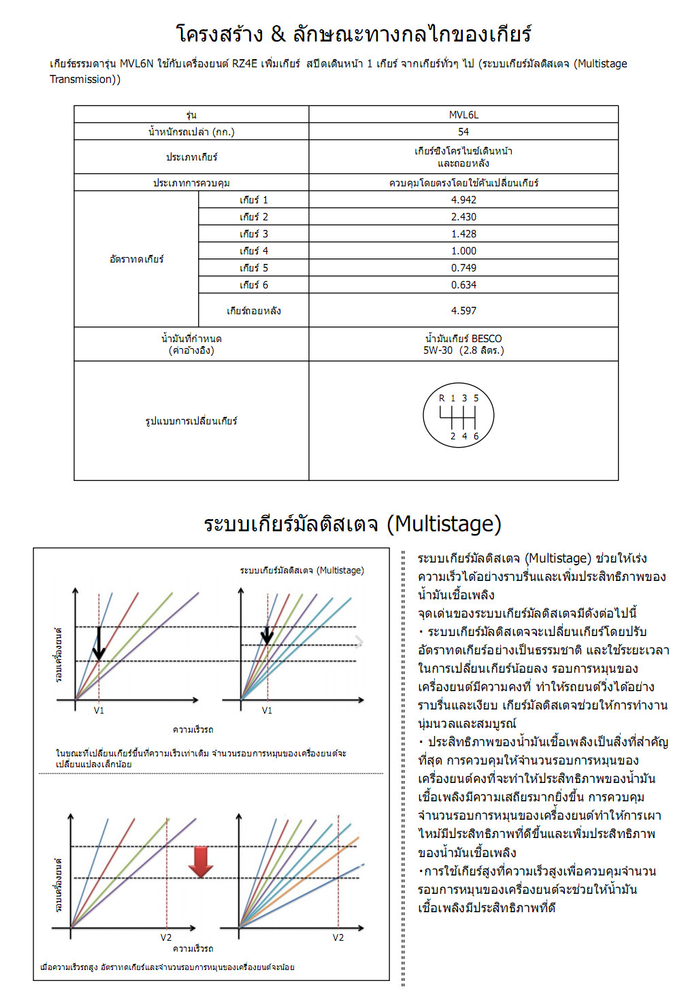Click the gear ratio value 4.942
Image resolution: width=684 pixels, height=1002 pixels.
coord(463,200)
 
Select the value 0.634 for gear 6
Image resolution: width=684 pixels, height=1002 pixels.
coord(463,285)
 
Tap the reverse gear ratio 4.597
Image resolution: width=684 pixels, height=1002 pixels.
coord(463,311)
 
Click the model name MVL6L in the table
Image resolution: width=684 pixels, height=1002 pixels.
coord(463,115)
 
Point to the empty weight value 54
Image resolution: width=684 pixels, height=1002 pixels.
coord(463,132)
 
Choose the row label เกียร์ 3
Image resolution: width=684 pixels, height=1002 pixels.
coord(254,234)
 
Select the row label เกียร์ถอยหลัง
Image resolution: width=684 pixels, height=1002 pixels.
coord(254,311)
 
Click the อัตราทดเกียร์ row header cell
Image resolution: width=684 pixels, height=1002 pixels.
coord(136,259)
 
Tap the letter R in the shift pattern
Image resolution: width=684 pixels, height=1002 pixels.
coord(442,398)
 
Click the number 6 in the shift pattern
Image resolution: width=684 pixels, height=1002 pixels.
coord(476,436)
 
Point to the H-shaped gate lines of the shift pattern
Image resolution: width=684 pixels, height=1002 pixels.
coord(458,416)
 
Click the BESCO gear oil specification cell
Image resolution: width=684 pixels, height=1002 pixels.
coord(463,344)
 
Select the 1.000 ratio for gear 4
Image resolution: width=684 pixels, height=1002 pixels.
coord(463,251)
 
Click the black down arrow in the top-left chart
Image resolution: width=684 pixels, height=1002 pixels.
coord(99,643)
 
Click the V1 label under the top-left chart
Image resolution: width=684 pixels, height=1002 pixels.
coord(99,710)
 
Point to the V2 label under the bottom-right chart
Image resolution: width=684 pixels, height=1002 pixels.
coord(338,937)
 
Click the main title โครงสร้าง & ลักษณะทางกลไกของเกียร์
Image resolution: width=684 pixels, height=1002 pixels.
coord(353,34)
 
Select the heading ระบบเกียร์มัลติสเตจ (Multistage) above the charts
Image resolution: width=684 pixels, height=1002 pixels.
coord(353,524)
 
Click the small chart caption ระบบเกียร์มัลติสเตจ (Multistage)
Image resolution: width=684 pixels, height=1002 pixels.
coord(302,570)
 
